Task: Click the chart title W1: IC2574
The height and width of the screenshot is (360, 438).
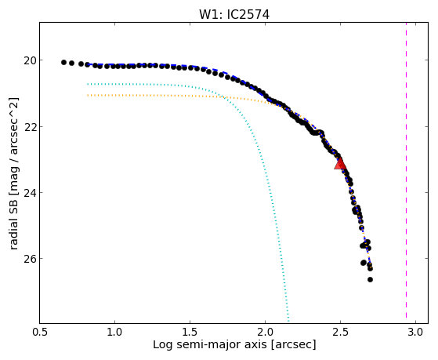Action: tap(234, 15)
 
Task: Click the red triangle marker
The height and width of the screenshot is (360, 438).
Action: tap(340, 164)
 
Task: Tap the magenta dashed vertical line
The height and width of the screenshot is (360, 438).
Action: tap(406, 173)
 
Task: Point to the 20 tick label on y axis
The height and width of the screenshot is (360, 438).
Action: tap(30, 60)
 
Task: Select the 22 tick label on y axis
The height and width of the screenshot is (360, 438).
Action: tap(30, 126)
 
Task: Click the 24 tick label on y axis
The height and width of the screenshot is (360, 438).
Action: tap(30, 192)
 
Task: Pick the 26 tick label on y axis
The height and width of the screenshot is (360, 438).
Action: tap(30, 259)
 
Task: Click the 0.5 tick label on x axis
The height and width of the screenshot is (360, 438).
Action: tap(40, 332)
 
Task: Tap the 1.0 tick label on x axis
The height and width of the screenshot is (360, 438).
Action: tap(115, 332)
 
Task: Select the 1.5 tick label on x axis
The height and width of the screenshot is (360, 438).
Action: tap(190, 332)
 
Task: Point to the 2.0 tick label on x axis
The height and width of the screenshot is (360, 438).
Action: tap(265, 332)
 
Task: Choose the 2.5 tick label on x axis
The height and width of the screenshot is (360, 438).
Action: tap(340, 332)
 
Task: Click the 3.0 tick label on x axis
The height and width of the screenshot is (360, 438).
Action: tap(415, 332)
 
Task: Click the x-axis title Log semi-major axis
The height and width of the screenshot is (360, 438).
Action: tap(210, 344)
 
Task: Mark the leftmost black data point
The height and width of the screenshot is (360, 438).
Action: tap(63, 62)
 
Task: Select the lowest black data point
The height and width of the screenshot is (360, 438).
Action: tap(370, 279)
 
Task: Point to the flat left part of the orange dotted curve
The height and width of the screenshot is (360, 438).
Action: tap(154, 96)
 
